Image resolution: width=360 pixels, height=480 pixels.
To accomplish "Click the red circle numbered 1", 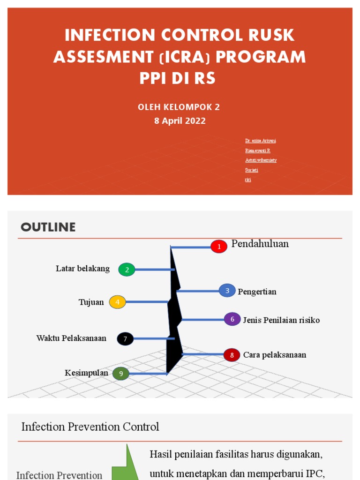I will point(218,247).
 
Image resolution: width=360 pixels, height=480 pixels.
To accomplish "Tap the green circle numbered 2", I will point(127,270).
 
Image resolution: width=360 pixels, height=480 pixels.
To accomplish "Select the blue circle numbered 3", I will point(227,291).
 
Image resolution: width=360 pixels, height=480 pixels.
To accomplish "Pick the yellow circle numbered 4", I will point(118,302).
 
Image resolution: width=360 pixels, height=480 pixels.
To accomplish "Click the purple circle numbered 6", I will point(232,319).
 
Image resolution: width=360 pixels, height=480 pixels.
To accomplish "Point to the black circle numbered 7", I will point(125,338).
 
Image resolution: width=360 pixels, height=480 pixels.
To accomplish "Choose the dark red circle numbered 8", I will point(232,355).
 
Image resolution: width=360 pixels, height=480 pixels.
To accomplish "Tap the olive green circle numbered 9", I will point(121,373).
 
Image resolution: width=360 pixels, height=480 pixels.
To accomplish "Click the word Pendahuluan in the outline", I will point(260,244).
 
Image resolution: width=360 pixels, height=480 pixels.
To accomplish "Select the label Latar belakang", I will point(82,269).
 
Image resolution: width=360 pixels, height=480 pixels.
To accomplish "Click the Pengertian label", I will point(257,292).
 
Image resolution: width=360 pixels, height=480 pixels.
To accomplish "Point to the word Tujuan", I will point(91,302).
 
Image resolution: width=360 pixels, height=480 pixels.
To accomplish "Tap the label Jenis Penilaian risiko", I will point(281,320).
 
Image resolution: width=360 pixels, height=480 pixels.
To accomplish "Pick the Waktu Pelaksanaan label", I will point(71,338).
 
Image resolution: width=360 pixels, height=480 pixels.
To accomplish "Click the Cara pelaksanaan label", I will point(275,355).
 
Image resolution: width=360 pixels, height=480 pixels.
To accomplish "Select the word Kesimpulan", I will point(87,373).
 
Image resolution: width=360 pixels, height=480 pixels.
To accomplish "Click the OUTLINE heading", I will point(48,227).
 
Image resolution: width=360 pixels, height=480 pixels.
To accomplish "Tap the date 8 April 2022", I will point(180,120).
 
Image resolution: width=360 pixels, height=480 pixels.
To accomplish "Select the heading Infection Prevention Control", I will point(90,427).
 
